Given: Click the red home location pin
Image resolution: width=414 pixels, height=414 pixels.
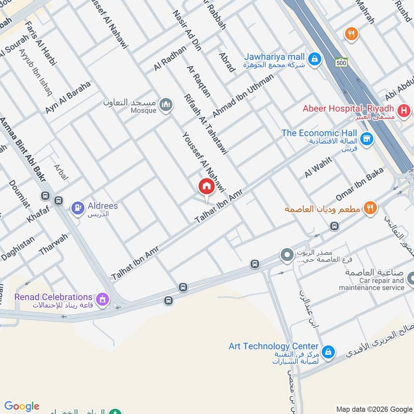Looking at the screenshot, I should pos(206,187).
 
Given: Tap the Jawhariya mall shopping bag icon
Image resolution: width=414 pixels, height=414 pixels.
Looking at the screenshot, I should pos(313,60).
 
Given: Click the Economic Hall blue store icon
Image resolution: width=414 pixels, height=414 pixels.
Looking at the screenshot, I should pos(366,139).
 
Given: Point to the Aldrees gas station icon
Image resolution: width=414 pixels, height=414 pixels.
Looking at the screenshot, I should pos(78,209).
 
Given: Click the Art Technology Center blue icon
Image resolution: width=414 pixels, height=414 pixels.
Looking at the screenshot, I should pos(327,352).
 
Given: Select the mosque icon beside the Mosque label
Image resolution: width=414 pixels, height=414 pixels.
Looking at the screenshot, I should pos(166,105).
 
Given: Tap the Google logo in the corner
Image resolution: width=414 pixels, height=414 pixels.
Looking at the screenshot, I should pos(22,406).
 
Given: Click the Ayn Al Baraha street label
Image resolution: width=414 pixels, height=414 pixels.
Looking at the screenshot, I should pos(68,97).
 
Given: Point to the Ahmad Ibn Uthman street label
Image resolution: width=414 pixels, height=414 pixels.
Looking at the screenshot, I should pos(242,95).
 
